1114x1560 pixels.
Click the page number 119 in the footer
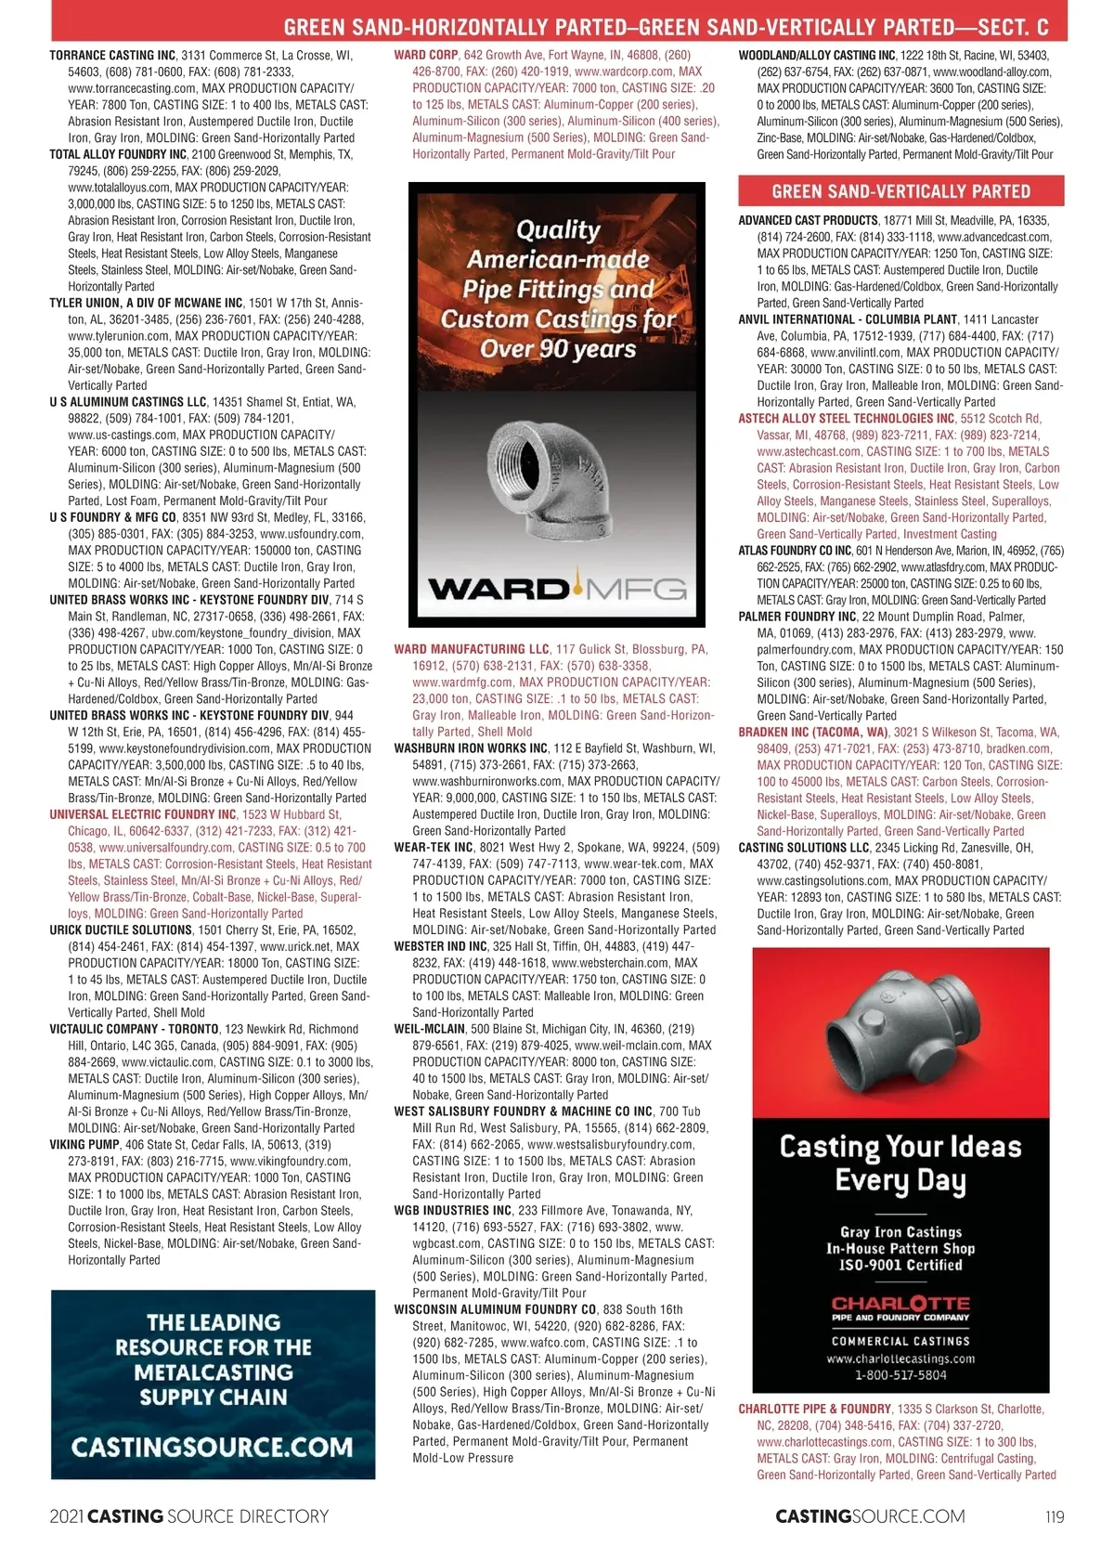click(x=1054, y=1516)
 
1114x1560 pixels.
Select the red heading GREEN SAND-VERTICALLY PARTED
click(x=900, y=191)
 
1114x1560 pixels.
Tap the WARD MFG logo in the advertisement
click(x=557, y=589)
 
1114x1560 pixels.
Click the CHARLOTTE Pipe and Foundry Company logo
click(x=900, y=1308)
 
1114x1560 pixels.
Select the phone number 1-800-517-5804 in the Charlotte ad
click(x=900, y=1375)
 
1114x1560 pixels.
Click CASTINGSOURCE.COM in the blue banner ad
click(x=213, y=1447)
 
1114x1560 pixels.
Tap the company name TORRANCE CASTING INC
click(x=112, y=56)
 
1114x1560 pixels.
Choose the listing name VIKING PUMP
click(x=83, y=1145)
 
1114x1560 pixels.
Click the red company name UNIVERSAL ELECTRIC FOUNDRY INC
click(x=143, y=814)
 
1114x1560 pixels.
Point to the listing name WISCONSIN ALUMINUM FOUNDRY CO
click(x=495, y=1309)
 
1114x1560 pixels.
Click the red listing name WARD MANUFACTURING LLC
click(x=472, y=649)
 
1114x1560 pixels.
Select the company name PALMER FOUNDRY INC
click(x=797, y=617)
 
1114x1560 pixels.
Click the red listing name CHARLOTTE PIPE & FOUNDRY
click(x=814, y=1409)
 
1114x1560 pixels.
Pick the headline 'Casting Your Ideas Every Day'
click(x=900, y=1163)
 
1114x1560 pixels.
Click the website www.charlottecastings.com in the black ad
click(x=900, y=1358)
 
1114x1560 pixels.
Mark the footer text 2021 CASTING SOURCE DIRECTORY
click(x=188, y=1516)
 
